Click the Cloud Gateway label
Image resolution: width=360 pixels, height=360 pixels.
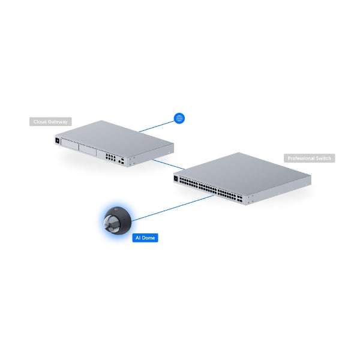click(50, 122)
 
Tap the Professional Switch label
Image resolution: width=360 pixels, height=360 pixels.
click(308, 158)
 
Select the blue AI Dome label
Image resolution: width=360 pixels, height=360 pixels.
click(145, 238)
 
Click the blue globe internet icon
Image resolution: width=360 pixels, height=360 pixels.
click(178, 118)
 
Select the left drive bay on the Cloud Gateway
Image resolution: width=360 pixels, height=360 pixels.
click(73, 146)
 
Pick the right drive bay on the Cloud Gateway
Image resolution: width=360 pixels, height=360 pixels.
click(91, 150)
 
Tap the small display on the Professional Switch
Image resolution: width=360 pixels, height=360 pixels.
click(176, 178)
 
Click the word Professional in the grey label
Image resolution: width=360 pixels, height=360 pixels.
click(301, 158)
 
